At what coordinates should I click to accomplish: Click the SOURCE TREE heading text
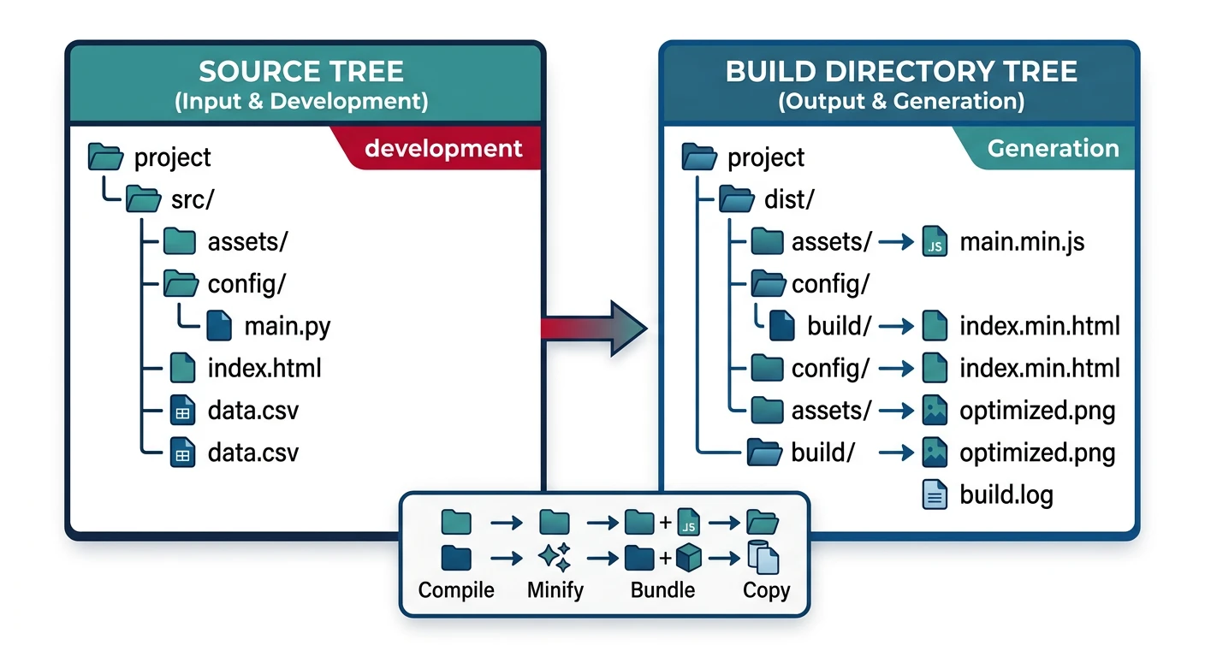tap(301, 71)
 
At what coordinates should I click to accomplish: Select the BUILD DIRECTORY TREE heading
tap(900, 71)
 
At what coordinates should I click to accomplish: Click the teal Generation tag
tap(1052, 148)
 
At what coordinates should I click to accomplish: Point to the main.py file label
tap(287, 326)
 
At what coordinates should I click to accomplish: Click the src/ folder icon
tap(143, 200)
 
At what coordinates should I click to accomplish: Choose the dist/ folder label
tap(788, 200)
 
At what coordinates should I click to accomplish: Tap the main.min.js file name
tap(1022, 242)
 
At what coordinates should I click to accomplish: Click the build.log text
tap(1006, 494)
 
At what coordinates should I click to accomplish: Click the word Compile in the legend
tap(456, 590)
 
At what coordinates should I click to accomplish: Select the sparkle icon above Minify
tap(554, 559)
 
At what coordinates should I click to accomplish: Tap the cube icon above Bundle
tap(688, 559)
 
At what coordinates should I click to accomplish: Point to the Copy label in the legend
tap(766, 590)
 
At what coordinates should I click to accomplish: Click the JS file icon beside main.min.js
tap(935, 243)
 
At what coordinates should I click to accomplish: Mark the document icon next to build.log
tap(935, 494)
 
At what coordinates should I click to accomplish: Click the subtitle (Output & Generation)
tap(900, 101)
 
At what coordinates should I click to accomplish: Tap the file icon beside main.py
tap(219, 326)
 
